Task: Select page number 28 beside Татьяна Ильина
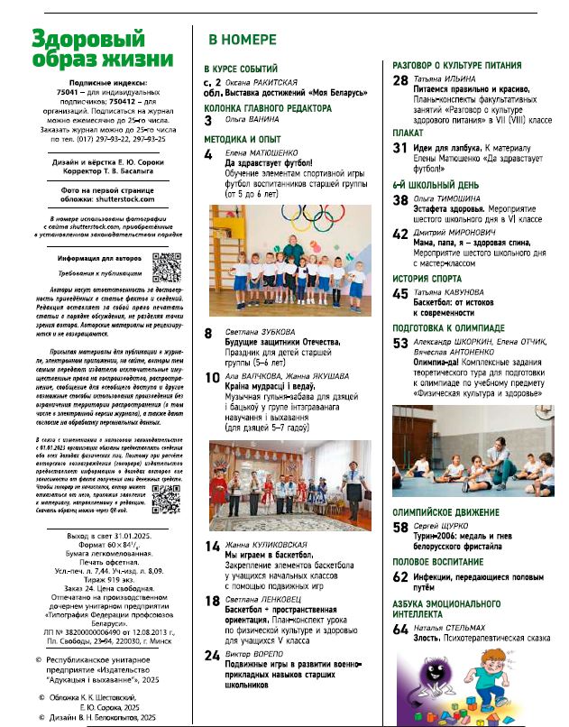coord(401,81)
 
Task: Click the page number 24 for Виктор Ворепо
coord(213,655)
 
